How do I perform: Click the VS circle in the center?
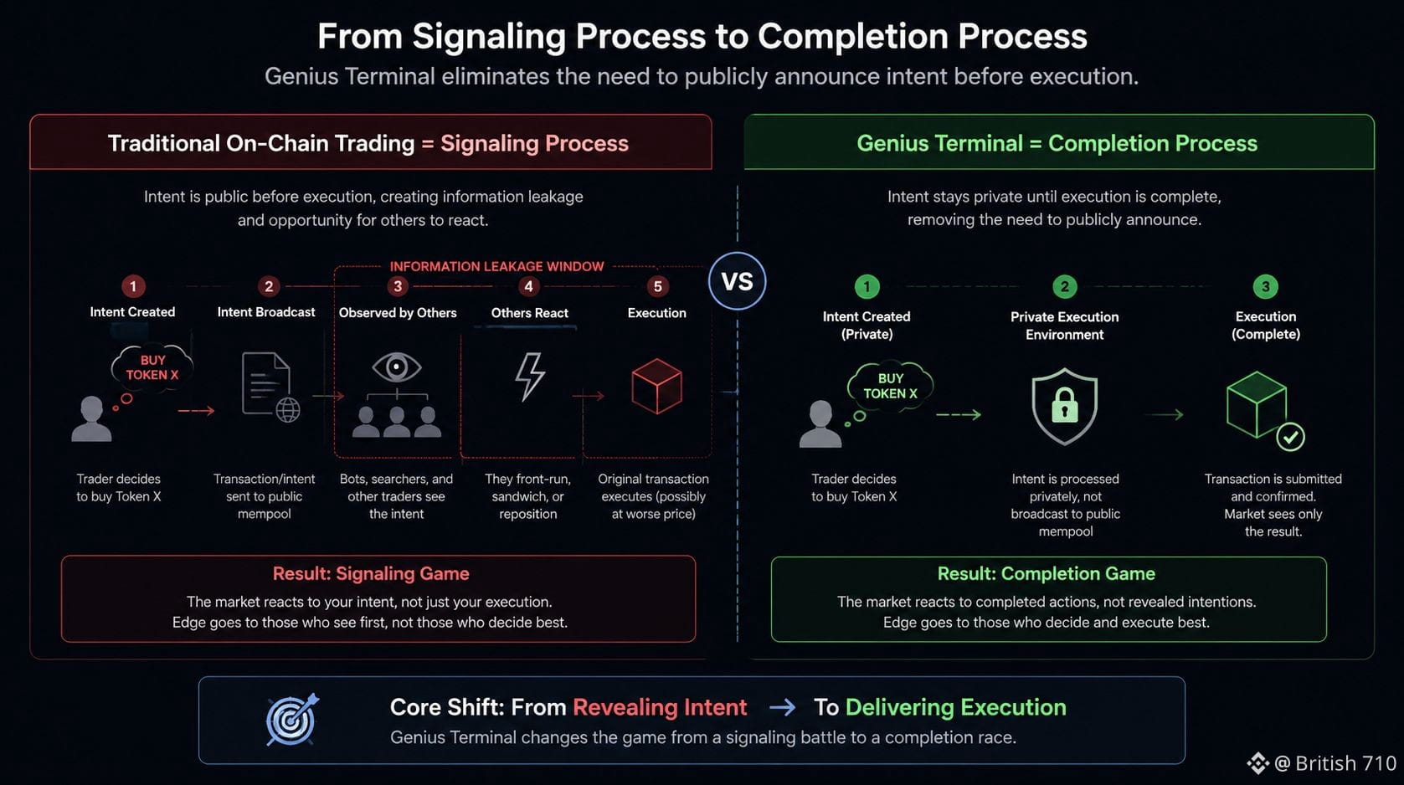tap(737, 281)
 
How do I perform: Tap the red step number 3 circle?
tap(398, 286)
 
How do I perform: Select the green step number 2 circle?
tap(1064, 287)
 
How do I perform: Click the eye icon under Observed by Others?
tap(396, 367)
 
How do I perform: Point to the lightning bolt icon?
tap(530, 376)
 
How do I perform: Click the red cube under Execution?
tap(656, 386)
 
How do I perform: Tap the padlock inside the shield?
tap(1064, 405)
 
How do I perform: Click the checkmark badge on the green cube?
tap(1290, 438)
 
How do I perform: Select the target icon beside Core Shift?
tap(291, 720)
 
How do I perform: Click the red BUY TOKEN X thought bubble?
tap(152, 367)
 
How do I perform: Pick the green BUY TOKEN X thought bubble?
tap(890, 386)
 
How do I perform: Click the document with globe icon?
tap(270, 387)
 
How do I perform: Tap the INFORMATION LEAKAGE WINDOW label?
tap(496, 266)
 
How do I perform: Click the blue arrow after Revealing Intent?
tap(782, 707)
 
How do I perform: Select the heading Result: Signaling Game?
tap(371, 573)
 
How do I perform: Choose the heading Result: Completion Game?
tap(1047, 573)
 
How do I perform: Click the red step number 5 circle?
tap(657, 286)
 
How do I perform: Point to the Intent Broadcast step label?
tap(265, 312)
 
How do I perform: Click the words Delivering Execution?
tap(956, 707)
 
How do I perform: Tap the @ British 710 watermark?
tap(1322, 763)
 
